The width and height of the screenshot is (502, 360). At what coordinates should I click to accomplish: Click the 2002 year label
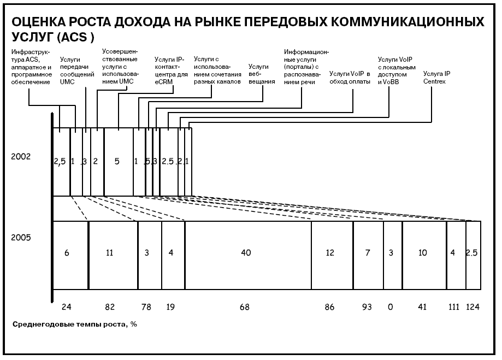point(21,156)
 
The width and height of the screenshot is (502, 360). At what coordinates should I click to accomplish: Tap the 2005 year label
point(21,237)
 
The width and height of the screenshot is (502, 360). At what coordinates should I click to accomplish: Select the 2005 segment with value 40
point(248,255)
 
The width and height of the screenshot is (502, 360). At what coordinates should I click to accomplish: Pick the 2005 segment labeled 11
point(113,255)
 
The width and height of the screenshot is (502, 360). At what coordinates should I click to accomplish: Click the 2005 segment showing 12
point(332,255)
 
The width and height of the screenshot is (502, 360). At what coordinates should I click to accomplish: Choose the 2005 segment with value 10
point(424,255)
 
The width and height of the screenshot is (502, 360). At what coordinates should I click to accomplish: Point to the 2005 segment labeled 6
point(70,255)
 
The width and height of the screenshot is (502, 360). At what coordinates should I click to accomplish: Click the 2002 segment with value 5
point(119,162)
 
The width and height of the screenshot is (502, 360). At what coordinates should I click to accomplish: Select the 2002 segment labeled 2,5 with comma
point(62,162)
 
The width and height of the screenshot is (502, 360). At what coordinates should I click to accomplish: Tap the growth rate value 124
point(473,307)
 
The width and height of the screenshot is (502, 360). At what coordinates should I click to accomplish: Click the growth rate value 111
point(453,307)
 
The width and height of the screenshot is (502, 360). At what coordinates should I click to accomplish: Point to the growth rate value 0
point(390,307)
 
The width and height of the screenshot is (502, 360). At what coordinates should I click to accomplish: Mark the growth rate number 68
point(245,307)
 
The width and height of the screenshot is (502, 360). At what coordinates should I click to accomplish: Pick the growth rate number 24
point(66,307)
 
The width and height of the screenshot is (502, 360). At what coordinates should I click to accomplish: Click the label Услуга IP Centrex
point(436,78)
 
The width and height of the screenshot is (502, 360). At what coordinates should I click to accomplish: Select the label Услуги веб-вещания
point(262,74)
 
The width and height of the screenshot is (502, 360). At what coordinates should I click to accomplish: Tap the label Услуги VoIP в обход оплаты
point(350,78)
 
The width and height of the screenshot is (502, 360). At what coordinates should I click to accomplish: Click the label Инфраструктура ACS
point(31,67)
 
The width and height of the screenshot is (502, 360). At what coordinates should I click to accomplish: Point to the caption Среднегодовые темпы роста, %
point(75,324)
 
